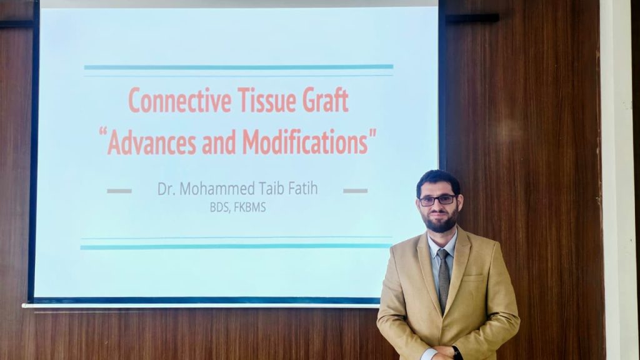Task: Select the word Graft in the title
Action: (327, 101)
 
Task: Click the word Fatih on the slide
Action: (302, 189)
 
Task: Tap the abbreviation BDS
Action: (220, 207)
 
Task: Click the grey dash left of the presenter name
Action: (119, 191)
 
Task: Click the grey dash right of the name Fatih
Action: (355, 191)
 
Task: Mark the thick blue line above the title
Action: (238, 67)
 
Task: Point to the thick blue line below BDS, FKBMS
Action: (236, 247)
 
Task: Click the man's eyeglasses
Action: (437, 200)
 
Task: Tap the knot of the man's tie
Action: (442, 254)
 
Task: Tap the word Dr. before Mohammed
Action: (165, 189)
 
